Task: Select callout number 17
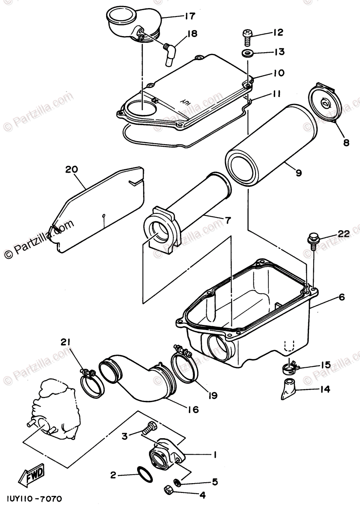189,16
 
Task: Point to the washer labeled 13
247,54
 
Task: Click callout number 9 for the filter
298,173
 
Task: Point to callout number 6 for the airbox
341,298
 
